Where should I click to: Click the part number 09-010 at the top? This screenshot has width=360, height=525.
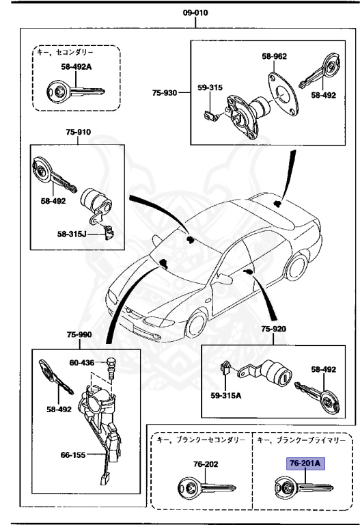point(195,13)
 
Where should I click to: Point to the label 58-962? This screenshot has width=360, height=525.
point(275,57)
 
